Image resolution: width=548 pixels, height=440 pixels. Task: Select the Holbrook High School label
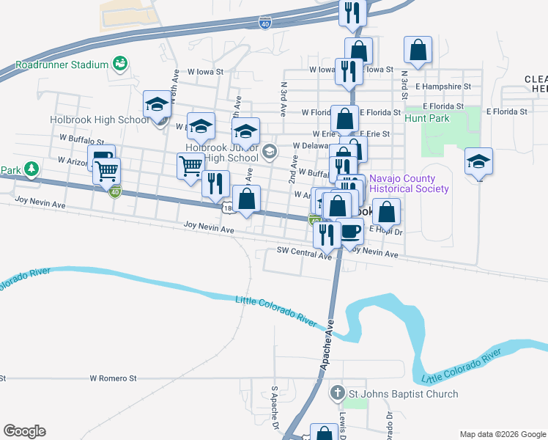coord(100,120)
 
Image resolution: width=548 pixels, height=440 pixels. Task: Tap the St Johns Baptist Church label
coord(403,394)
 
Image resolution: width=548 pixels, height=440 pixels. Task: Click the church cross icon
coord(337,393)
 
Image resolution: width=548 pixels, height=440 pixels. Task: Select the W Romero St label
coord(114,378)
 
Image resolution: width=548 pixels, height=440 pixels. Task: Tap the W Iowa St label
coord(204,73)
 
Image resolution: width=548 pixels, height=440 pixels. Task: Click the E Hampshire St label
coord(441,86)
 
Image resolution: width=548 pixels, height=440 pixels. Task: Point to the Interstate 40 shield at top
coord(264,24)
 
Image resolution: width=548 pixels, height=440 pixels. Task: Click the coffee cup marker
coord(351,231)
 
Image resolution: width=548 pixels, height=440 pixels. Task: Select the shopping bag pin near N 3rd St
coord(418,51)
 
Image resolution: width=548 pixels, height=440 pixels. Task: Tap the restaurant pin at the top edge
coord(352,12)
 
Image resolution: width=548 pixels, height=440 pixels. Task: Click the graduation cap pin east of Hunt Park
coord(478,161)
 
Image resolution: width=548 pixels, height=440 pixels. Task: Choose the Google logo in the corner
coord(24,431)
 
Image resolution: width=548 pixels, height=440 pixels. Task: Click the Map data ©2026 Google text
coord(502,434)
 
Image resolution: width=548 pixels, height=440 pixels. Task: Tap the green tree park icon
coord(31,169)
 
